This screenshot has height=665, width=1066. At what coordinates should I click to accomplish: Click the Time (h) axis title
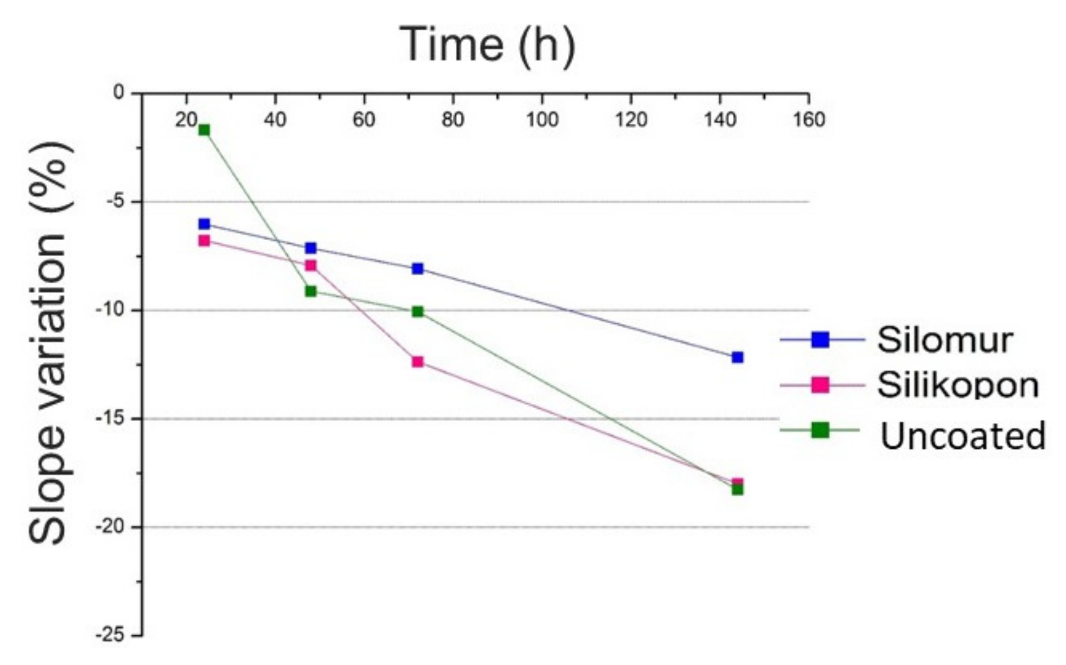tap(487, 45)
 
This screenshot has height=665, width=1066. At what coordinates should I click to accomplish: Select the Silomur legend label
tap(944, 340)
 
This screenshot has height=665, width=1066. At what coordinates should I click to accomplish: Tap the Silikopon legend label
tap(957, 385)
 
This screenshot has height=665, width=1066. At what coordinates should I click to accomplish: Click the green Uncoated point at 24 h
tap(204, 130)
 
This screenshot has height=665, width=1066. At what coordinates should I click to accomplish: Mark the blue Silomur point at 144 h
tap(737, 357)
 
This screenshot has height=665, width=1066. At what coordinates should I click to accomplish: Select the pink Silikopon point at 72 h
tap(418, 362)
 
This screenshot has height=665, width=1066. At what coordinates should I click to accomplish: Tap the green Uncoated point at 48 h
tap(310, 291)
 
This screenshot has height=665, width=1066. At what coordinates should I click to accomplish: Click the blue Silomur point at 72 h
tap(418, 269)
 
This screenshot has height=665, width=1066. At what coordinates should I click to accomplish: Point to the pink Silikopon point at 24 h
tap(204, 241)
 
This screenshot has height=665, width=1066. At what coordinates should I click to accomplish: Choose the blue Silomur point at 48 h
tap(310, 248)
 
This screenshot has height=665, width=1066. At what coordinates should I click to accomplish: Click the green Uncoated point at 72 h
tap(418, 311)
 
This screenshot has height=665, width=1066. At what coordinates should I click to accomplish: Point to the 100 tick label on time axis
tap(542, 119)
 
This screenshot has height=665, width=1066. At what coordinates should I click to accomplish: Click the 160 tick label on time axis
tap(809, 119)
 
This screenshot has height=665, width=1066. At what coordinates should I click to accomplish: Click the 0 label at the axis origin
tap(118, 92)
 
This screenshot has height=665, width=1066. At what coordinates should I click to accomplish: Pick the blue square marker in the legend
tap(820, 340)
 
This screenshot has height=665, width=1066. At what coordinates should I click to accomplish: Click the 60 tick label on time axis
tap(363, 119)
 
